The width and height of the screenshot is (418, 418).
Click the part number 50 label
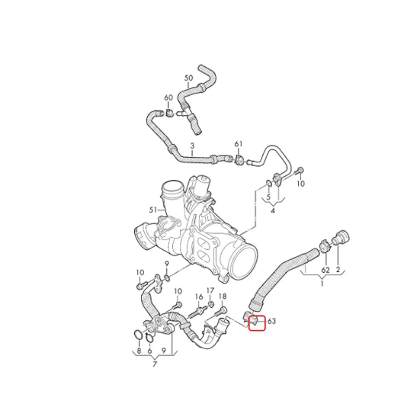tap(189, 78)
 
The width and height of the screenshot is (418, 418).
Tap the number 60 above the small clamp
tap(168, 98)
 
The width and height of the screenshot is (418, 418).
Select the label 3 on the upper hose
tap(192, 146)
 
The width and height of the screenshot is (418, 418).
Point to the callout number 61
tap(239, 144)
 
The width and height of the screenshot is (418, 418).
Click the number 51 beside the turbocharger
tap(153, 210)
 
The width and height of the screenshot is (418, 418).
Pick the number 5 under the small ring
tap(269, 198)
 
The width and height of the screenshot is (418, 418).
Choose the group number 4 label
tap(273, 211)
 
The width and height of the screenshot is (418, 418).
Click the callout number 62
tap(326, 270)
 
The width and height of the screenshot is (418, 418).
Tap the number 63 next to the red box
tap(271, 321)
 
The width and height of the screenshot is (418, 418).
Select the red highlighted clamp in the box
tap(253, 321)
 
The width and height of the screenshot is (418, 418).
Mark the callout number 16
tap(199, 297)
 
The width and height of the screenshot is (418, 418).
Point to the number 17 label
tap(211, 291)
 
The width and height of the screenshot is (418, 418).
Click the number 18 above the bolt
tap(223, 296)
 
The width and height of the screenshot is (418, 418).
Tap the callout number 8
tap(138, 351)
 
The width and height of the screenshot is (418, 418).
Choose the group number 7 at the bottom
tap(155, 364)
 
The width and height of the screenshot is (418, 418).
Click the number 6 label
tap(149, 351)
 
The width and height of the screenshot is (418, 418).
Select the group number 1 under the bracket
tap(322, 283)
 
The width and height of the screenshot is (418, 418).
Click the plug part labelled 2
tap(342, 237)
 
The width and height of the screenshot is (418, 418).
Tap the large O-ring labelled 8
tap(138, 335)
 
